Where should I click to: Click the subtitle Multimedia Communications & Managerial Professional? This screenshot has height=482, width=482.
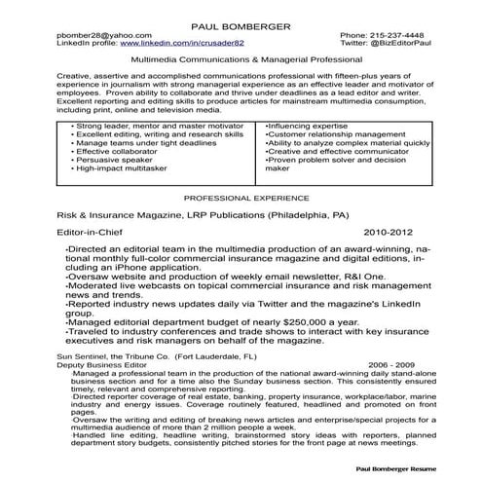[x=240, y=60]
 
